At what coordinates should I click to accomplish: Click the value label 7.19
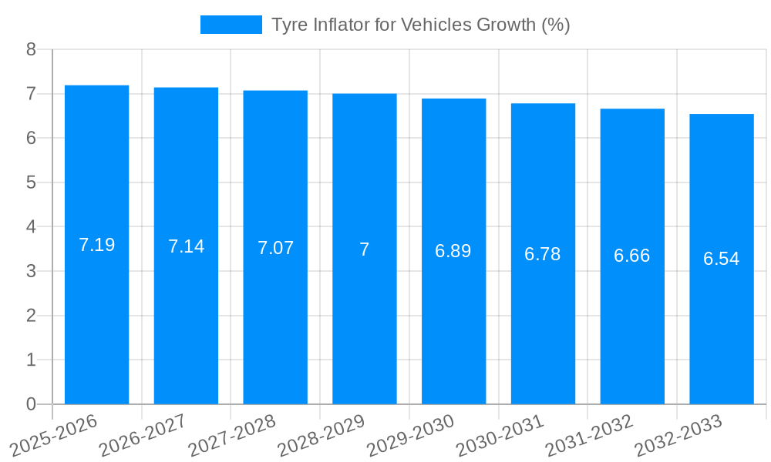point(96,245)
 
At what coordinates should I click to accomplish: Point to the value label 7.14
point(186,246)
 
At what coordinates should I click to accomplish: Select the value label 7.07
point(275,248)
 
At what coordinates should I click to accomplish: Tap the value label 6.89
point(453,251)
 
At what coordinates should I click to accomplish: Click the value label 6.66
point(632,256)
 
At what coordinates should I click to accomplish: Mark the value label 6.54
point(722,259)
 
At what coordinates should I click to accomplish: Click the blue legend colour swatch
point(231,25)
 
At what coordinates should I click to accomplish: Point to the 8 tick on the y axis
point(31,50)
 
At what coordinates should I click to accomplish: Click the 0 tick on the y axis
point(31,404)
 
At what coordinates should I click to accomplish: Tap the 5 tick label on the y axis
point(31,183)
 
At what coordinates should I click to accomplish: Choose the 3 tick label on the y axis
point(31,272)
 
